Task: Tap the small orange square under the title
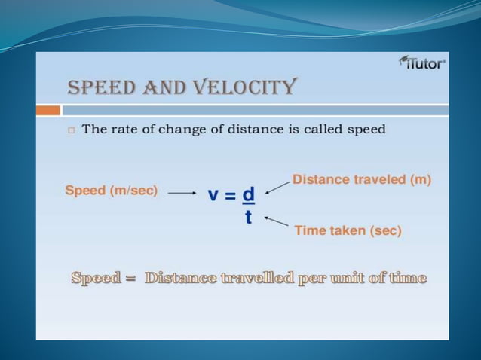point(49,111)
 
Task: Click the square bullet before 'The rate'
point(71,130)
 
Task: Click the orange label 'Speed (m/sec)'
point(112,191)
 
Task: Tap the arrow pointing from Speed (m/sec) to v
point(182,193)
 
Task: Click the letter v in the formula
point(213,194)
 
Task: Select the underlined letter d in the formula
point(248,194)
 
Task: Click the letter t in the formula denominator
point(248,218)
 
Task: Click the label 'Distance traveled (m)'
point(361,180)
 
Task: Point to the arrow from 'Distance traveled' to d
point(277,186)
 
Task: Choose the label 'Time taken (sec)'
point(348,230)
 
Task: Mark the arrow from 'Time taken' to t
point(277,221)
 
